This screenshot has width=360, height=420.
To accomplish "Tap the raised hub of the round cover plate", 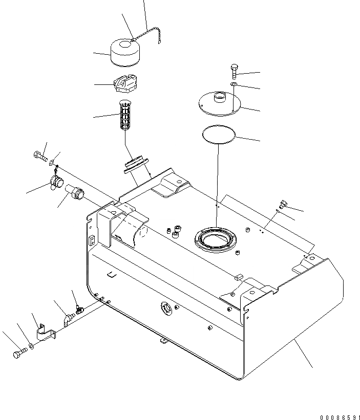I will pos(220,96).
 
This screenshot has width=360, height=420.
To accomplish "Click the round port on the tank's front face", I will pos(166,308).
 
